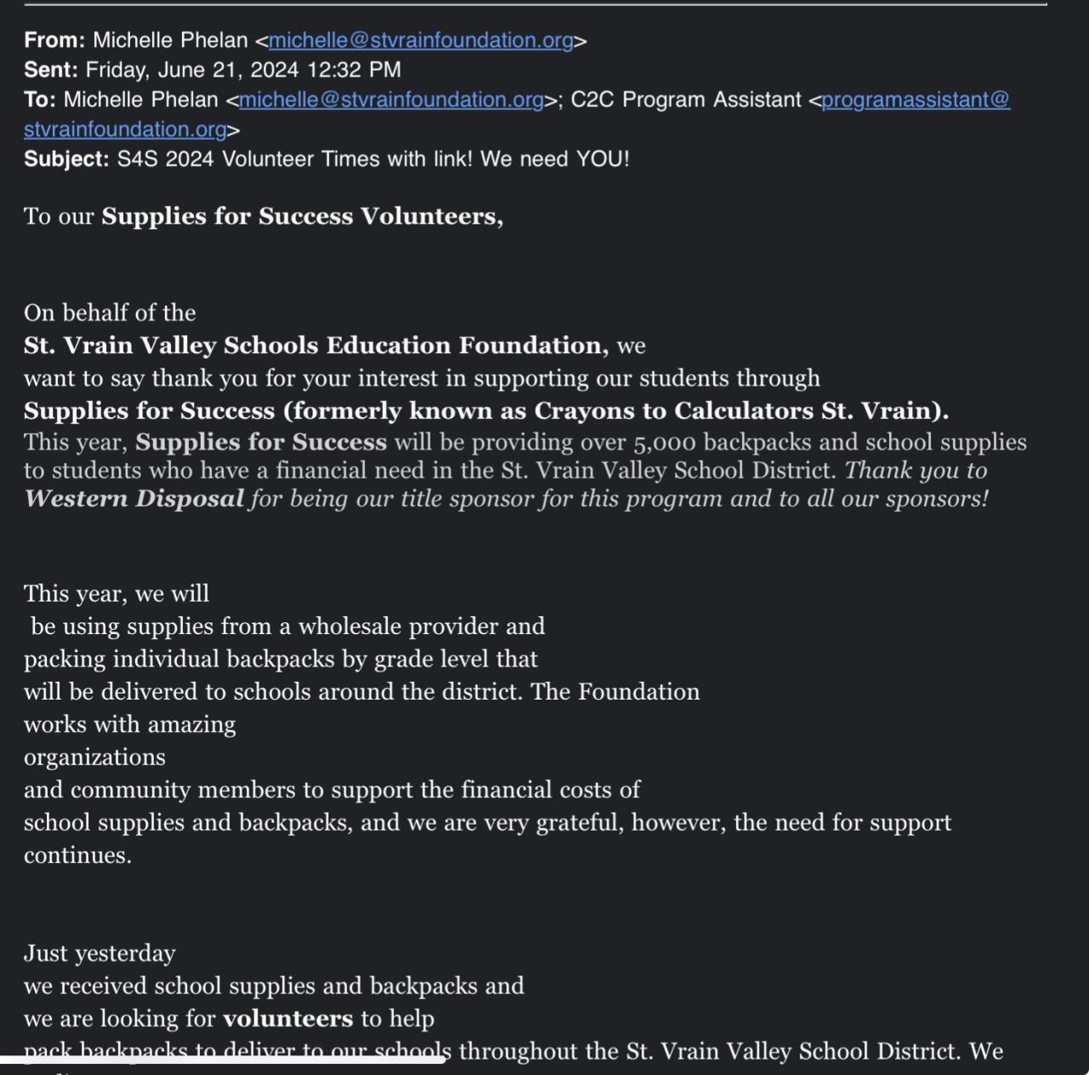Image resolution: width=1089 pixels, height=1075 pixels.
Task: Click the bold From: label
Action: tap(54, 40)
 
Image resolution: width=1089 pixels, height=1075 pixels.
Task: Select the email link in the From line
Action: tap(421, 40)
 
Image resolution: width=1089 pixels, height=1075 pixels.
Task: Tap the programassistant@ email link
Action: tap(915, 100)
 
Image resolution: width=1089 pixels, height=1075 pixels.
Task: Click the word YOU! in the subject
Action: tap(602, 159)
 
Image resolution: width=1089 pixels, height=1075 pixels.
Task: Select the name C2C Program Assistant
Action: tap(686, 100)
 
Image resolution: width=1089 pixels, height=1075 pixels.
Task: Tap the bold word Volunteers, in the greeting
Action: tap(432, 216)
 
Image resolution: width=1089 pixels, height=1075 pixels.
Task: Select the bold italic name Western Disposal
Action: tap(134, 499)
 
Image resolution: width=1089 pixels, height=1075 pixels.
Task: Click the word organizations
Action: tap(94, 758)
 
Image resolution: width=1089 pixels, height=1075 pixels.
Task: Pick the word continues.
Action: tap(77, 855)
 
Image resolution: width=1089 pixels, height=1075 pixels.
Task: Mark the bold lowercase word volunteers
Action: tap(288, 1019)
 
